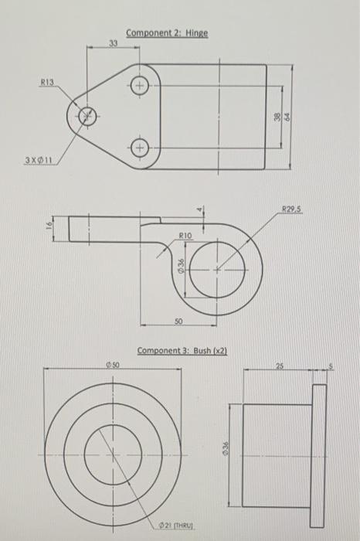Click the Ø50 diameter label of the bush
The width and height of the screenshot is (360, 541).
click(113, 362)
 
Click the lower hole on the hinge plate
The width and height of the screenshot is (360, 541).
click(140, 146)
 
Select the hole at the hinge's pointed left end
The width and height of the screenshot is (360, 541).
click(87, 116)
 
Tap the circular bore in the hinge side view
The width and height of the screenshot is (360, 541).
click(217, 269)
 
